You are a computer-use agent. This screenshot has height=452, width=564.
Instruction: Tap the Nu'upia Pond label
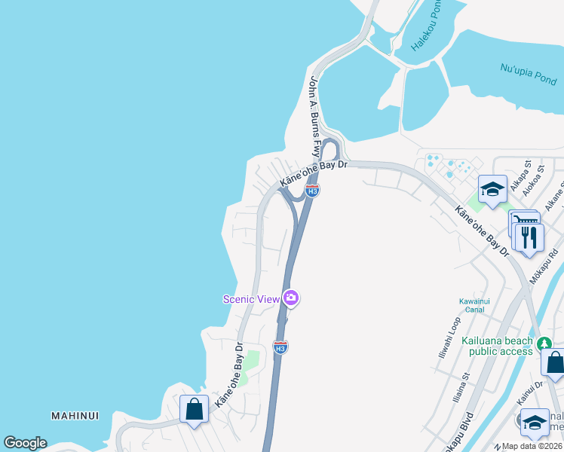(x=528, y=73)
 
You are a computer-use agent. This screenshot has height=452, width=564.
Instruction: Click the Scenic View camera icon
(x=291, y=298)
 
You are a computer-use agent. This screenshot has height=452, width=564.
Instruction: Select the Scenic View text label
(x=251, y=298)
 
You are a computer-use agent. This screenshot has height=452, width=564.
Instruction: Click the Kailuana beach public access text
(x=501, y=346)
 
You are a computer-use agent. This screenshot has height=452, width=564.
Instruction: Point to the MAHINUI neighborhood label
(x=75, y=416)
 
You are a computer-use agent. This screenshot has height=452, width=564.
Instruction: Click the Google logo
(x=25, y=443)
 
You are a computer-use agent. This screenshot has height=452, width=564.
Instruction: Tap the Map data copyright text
(x=532, y=446)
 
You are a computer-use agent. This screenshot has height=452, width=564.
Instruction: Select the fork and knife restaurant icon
(x=529, y=237)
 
